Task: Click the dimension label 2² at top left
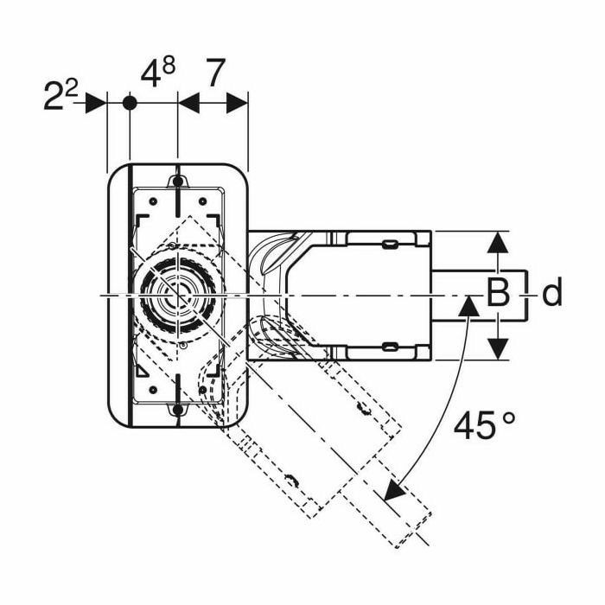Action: (x=60, y=95)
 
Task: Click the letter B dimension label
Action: (x=497, y=295)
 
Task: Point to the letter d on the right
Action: (x=551, y=295)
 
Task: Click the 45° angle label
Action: (x=484, y=425)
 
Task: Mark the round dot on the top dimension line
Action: (x=129, y=103)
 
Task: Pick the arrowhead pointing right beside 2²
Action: (x=96, y=103)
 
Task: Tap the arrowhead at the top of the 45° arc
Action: (x=468, y=305)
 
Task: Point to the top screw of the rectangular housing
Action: (x=177, y=181)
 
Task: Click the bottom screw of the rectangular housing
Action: (x=177, y=410)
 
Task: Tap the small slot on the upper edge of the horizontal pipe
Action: (x=391, y=245)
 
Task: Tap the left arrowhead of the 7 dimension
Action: (x=188, y=103)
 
